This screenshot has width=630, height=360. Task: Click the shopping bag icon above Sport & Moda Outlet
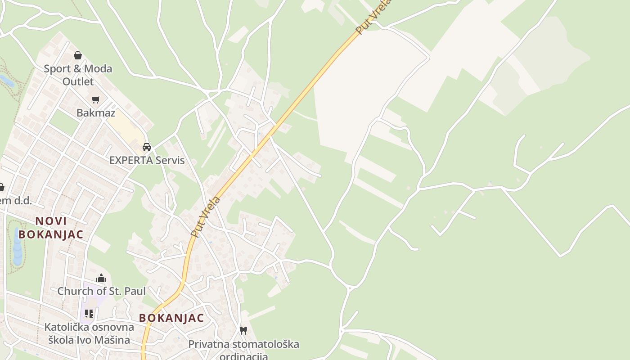[78, 56]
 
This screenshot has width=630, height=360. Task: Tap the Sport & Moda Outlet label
[78, 75]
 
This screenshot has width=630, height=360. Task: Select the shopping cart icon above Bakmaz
[95, 99]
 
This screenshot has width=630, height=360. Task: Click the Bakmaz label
[96, 112]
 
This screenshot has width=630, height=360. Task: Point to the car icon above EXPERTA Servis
[147, 147]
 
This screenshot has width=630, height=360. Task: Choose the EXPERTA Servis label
[147, 160]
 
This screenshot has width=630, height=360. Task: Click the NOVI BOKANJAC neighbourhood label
[51, 227]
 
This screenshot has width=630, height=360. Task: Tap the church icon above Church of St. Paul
[101, 278]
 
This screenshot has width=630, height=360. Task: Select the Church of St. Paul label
[101, 291]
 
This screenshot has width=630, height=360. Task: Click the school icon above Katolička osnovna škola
[89, 313]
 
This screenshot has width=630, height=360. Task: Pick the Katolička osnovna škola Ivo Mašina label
[89, 333]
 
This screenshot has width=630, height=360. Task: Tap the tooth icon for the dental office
[243, 330]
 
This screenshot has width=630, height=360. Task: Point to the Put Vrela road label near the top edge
[373, 17]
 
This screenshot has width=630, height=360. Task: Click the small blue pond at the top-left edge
[6, 81]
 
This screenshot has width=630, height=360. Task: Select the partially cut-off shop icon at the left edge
[1, 187]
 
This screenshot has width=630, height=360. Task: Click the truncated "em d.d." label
[16, 200]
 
